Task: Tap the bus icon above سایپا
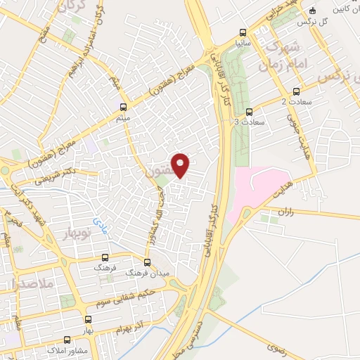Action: (243, 32)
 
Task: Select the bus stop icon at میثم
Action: (124, 108)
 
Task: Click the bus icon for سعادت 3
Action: (249, 111)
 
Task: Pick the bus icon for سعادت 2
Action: (295, 91)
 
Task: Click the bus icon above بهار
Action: (87, 319)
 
